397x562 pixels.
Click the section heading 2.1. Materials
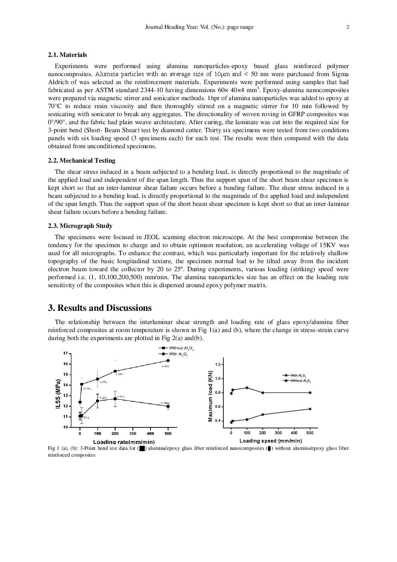tap(67, 55)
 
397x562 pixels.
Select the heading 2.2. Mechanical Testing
tap(82, 161)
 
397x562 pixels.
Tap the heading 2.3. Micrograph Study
tap(80, 226)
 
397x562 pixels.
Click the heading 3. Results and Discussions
tap(100, 308)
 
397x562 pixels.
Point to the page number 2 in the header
tap(348, 27)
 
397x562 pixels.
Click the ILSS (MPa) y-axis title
tap(58, 394)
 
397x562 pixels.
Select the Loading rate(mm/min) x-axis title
tap(124, 442)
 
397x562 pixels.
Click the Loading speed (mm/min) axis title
tap(271, 441)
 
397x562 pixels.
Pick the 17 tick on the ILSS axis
tap(65, 353)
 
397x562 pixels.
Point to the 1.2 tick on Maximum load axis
tap(218, 365)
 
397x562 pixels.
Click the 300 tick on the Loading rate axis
tap(132, 433)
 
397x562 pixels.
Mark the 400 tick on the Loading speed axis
tap(294, 433)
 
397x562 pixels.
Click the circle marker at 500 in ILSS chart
tap(168, 361)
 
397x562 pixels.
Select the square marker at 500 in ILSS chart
tap(168, 406)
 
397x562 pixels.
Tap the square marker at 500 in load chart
tap(310, 409)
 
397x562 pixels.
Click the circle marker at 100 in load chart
tap(247, 388)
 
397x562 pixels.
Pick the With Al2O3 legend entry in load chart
tap(296, 375)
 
